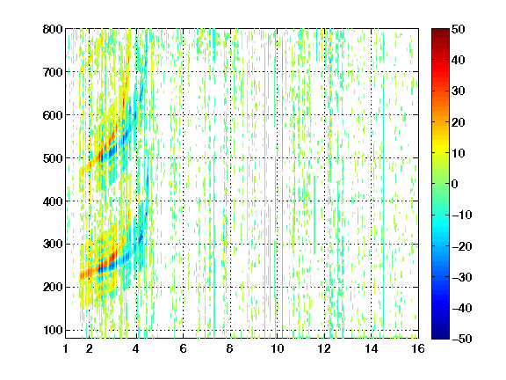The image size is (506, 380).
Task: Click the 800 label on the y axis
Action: [53, 29]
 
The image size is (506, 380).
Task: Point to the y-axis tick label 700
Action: [53, 72]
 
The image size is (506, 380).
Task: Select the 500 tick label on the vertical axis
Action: [53, 158]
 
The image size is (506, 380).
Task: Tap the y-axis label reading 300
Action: [53, 245]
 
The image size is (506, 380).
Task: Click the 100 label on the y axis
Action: [53, 330]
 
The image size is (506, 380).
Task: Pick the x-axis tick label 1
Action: [66, 348]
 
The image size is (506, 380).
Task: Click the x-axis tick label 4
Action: [136, 348]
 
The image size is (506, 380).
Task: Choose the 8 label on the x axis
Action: [230, 348]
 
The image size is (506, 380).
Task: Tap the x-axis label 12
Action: [324, 348]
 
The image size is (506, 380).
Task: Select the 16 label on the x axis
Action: [418, 348]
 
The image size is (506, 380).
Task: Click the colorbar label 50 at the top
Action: [459, 29]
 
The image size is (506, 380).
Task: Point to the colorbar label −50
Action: [462, 339]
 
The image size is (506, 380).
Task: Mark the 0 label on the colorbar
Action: [455, 184]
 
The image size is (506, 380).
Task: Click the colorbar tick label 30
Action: [459, 91]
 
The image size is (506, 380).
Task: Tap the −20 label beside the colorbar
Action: [462, 246]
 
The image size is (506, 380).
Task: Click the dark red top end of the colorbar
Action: [440, 31]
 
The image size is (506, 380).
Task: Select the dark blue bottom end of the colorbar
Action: [440, 337]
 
